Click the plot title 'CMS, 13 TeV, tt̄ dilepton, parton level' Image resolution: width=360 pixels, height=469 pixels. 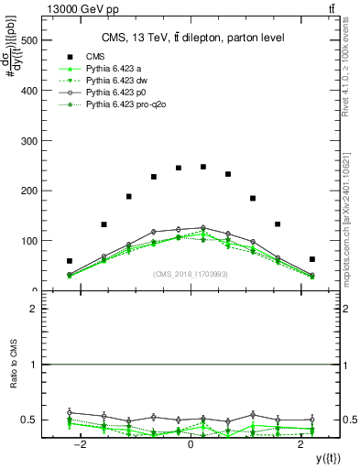coord(191,38)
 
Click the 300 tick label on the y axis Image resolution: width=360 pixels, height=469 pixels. coord(30,141)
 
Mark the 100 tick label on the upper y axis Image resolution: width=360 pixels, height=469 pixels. coord(30,241)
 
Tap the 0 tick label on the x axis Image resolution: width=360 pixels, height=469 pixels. coord(191,444)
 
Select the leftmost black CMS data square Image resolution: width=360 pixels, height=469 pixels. coord(70,261)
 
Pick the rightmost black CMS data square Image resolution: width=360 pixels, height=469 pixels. coord(312,259)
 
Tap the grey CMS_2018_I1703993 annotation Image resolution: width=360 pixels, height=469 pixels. coord(191,274)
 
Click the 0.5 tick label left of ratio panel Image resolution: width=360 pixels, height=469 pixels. coord(31,420)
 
